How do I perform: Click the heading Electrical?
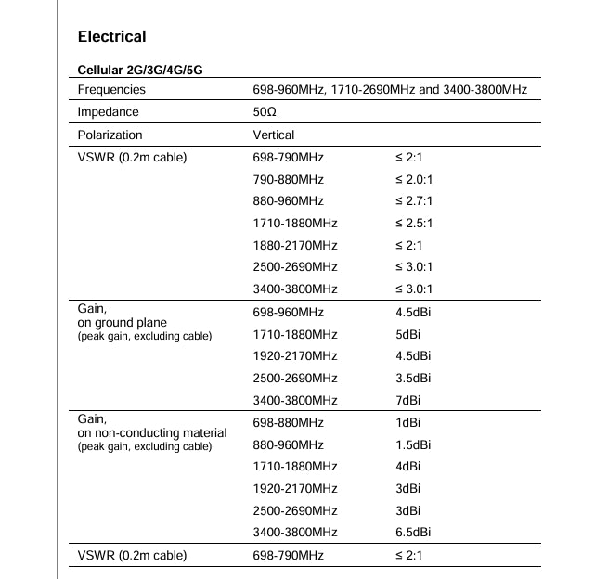click(111, 37)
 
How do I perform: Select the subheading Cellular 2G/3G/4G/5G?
click(140, 71)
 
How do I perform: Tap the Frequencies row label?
click(111, 90)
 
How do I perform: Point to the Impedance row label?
click(109, 112)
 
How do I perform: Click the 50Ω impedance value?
click(265, 112)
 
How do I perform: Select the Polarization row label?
click(110, 135)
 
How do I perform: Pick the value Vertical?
click(274, 135)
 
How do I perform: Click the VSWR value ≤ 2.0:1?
click(414, 179)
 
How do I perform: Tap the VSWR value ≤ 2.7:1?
click(414, 201)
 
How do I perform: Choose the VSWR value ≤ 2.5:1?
click(414, 224)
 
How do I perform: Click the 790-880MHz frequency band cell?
click(288, 179)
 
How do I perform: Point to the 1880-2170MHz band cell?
click(295, 246)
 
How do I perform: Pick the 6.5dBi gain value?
click(413, 533)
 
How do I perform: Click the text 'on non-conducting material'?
click(152, 432)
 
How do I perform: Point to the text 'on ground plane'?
click(123, 323)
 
